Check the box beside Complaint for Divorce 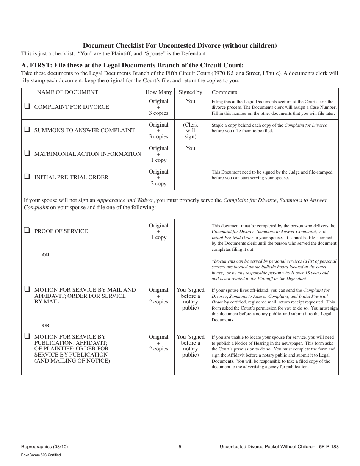tap(27, 106)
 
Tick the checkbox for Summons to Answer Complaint tap(27, 130)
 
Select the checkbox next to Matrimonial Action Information tap(27, 153)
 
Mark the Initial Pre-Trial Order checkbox tap(27, 177)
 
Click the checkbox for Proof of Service tap(27, 230)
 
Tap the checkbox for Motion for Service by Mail tap(27, 289)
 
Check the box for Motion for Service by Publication tap(27, 336)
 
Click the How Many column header tap(158, 92)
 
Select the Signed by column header tap(190, 92)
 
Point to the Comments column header tap(224, 92)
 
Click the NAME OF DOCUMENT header tap(67, 92)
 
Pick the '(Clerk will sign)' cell tap(190, 131)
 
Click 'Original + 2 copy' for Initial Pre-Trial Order tap(158, 178)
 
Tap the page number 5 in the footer tap(180, 447)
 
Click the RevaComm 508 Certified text tap(41, 455)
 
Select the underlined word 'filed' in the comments tap(303, 361)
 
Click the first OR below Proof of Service tap(46, 255)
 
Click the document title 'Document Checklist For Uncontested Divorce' tap(180, 45)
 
